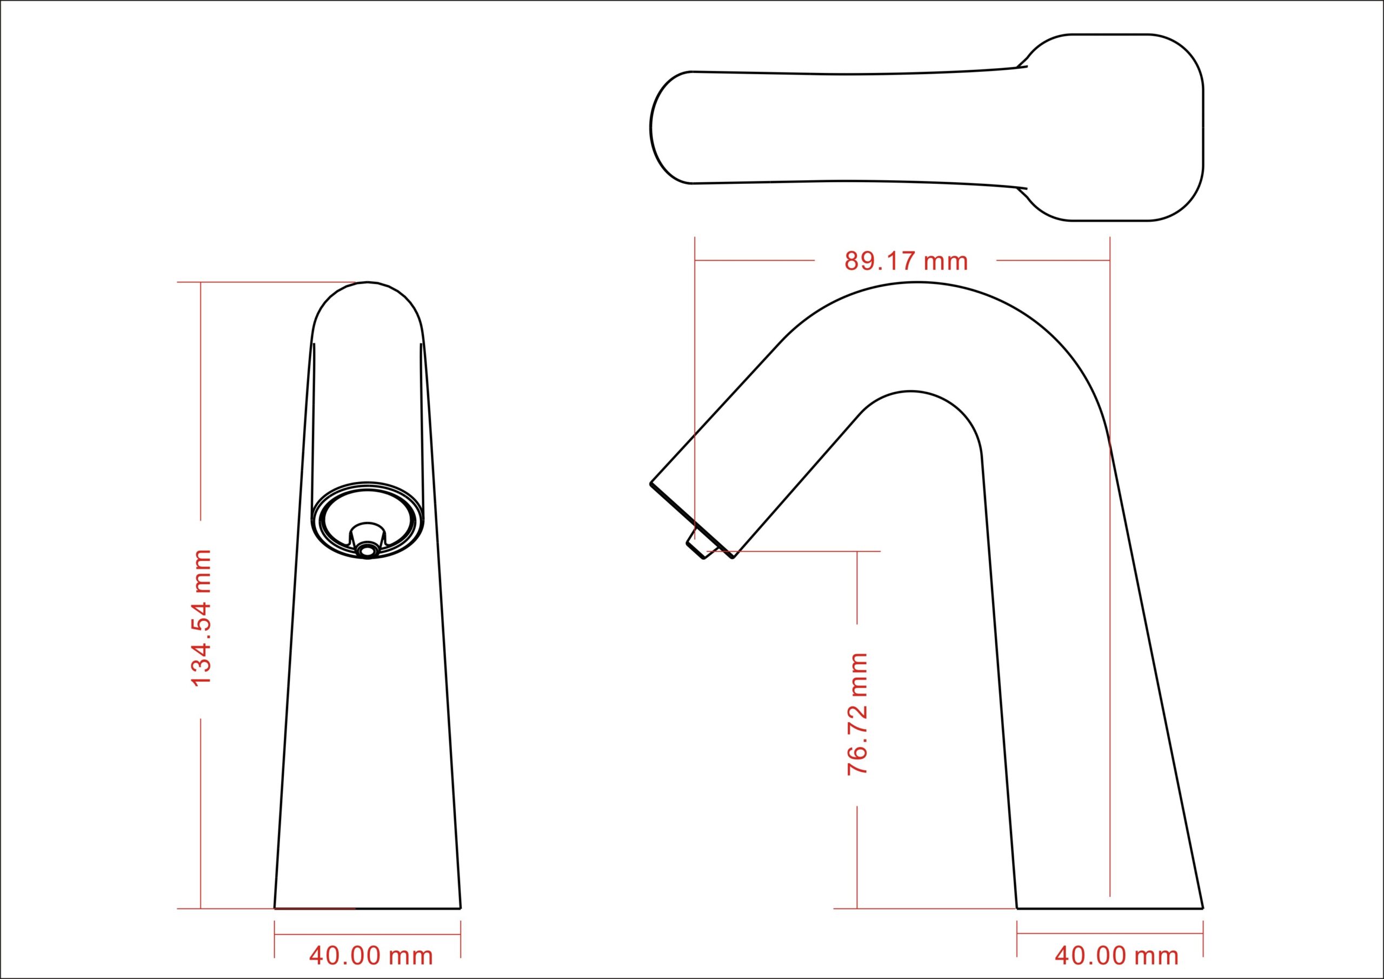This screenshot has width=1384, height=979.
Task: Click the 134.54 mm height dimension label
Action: tap(201, 618)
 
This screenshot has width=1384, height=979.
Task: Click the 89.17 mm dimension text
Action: tap(906, 261)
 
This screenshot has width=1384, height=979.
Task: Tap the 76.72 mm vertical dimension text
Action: tap(857, 713)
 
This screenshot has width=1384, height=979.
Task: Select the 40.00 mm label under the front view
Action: tap(371, 956)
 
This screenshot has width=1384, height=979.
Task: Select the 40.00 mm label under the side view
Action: tap(1116, 956)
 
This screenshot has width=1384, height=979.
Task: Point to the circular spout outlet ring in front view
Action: tap(367, 520)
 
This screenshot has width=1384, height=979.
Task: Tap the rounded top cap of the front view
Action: tap(367, 310)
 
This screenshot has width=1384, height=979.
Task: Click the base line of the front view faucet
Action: tap(367, 925)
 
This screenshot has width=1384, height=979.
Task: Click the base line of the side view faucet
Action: tap(1110, 925)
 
